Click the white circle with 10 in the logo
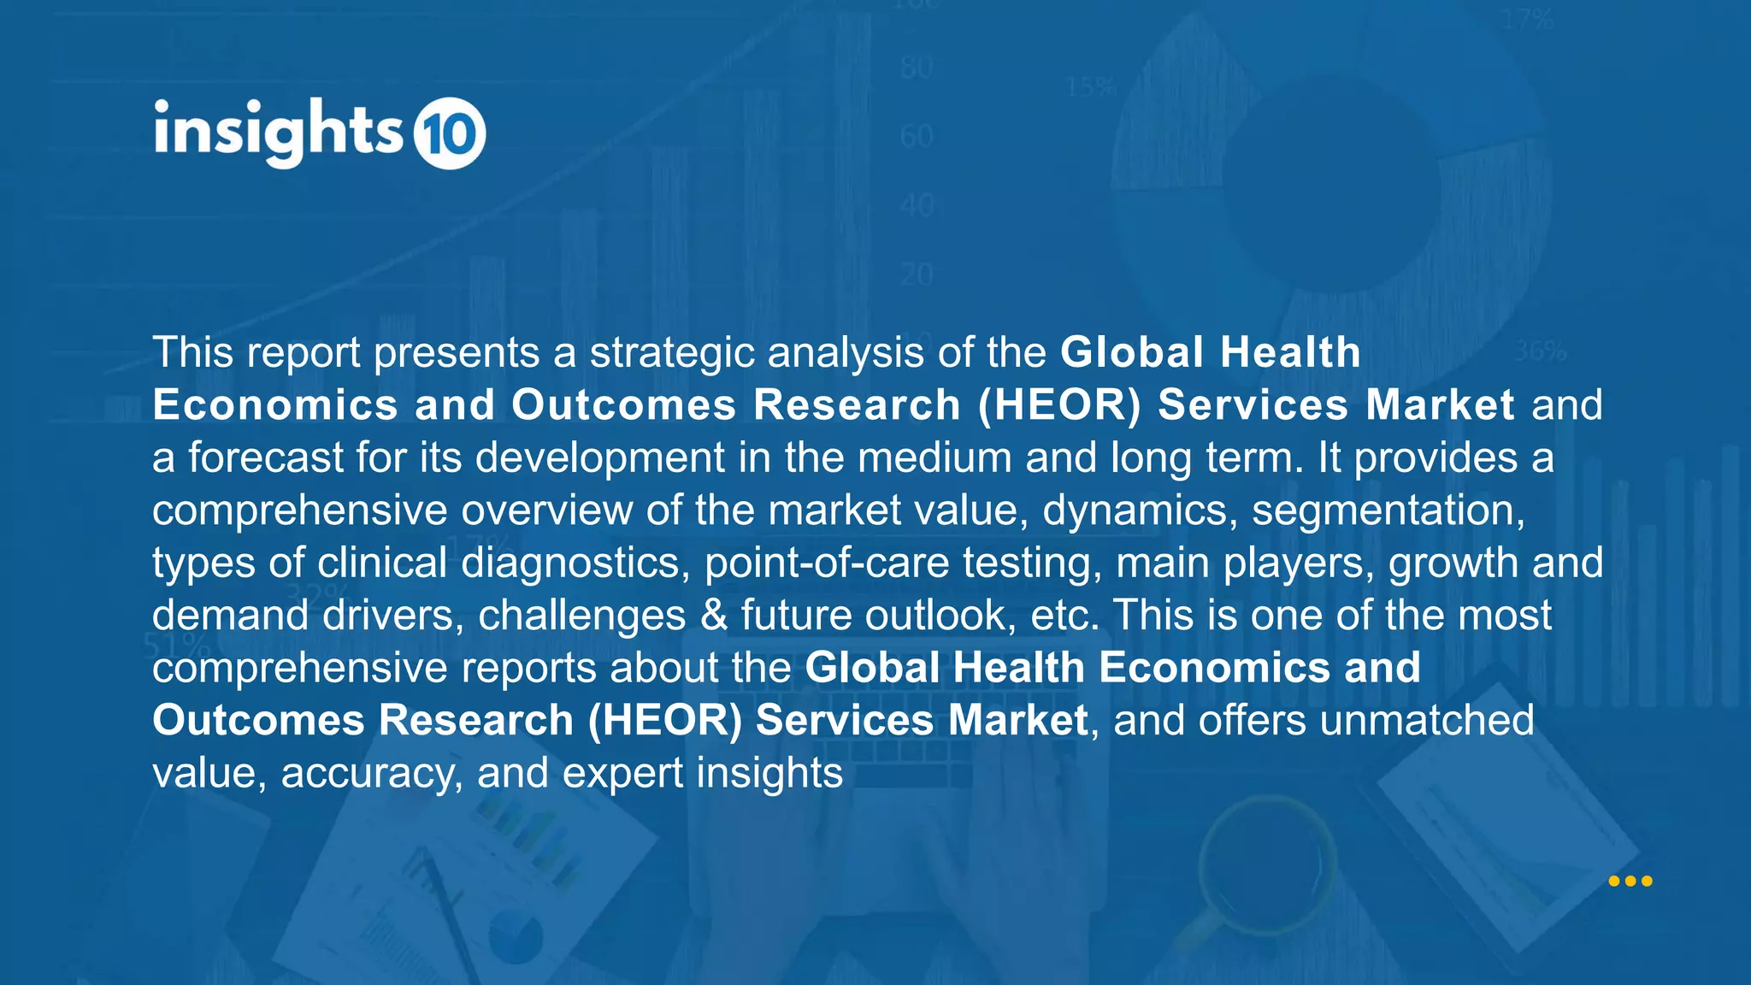[x=450, y=133]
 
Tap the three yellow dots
[x=1630, y=881]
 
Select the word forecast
[x=265, y=457]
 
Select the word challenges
[x=581, y=616]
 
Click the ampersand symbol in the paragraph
[x=713, y=616]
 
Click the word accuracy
[x=372, y=774]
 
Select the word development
[x=599, y=457]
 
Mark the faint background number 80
[x=917, y=68]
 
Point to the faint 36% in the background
[x=1540, y=351]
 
